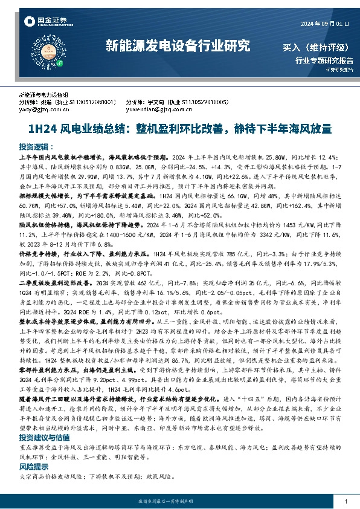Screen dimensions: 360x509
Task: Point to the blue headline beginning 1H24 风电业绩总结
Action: tap(179, 129)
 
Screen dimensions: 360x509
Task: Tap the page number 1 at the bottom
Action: tap(345, 502)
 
